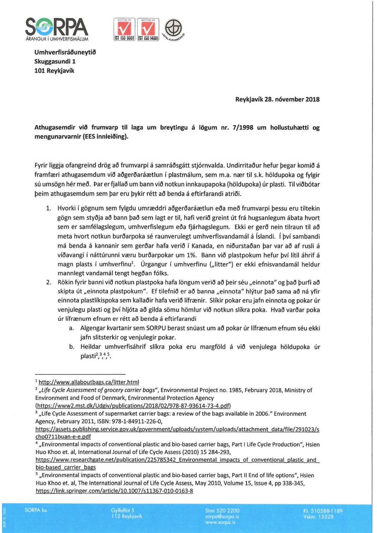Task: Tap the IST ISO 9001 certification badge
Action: pyautogui.click(x=124, y=29)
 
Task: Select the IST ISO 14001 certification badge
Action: pyautogui.click(x=148, y=29)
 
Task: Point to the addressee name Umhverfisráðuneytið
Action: pyautogui.click(x=65, y=52)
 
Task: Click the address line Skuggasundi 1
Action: pyautogui.click(x=55, y=61)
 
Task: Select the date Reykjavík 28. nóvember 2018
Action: pyautogui.click(x=277, y=99)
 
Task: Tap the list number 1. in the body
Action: pyautogui.click(x=49, y=208)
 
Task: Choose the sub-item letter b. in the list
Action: pyautogui.click(x=72, y=347)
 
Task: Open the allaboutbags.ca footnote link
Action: pyautogui.click(x=89, y=382)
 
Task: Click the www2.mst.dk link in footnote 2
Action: pyautogui.click(x=133, y=406)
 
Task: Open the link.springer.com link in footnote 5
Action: pyautogui.click(x=114, y=491)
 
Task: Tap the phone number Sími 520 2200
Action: pyautogui.click(x=222, y=510)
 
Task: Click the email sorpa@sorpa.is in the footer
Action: pyautogui.click(x=222, y=516)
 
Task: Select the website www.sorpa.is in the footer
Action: pyautogui.click(x=220, y=522)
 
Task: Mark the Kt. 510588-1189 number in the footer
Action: pyautogui.click(x=323, y=511)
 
